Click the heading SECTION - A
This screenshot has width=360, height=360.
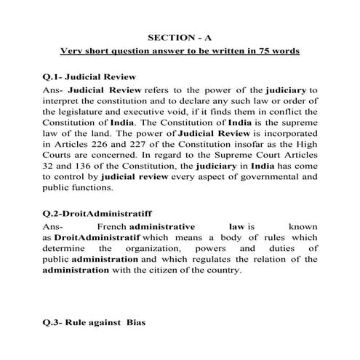coord(180,36)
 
